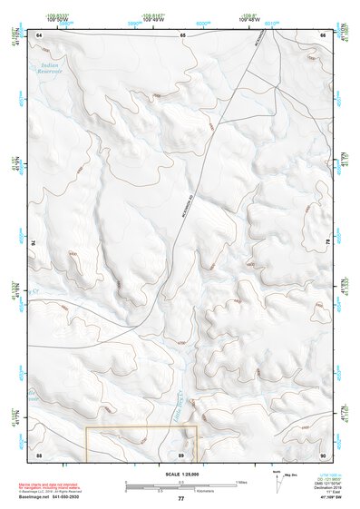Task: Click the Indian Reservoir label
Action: pyautogui.click(x=44, y=73)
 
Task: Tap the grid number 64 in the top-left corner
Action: pyautogui.click(x=39, y=34)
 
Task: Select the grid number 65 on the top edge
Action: pyautogui.click(x=182, y=34)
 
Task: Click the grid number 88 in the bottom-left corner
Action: pyautogui.click(x=39, y=454)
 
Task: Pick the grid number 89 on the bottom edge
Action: pyautogui.click(x=182, y=454)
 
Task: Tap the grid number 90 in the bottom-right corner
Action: pyautogui.click(x=322, y=454)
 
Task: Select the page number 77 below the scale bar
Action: pyautogui.click(x=180, y=499)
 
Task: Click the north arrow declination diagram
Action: pyautogui.click(x=277, y=481)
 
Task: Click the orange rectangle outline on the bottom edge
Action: pyautogui.click(x=141, y=427)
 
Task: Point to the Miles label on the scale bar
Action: pyautogui.click(x=241, y=481)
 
